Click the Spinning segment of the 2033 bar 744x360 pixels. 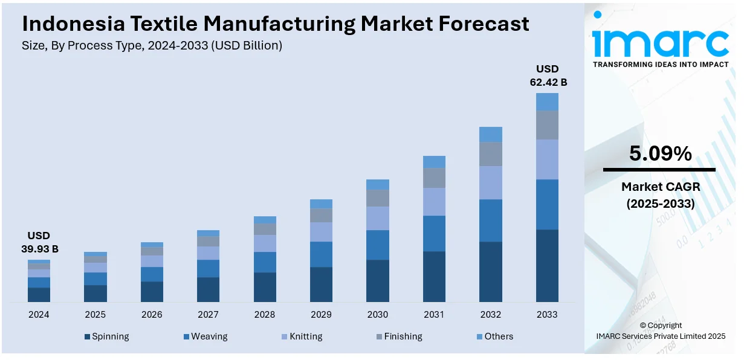point(547,265)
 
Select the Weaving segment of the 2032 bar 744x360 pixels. point(491,220)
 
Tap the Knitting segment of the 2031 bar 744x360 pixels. point(434,201)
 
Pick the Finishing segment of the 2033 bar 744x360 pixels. point(547,124)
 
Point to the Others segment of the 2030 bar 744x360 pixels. point(378,184)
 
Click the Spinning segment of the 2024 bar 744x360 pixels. point(39,294)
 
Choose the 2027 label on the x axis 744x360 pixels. point(209,315)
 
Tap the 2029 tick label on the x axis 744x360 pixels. point(321,315)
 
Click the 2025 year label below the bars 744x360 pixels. point(95,315)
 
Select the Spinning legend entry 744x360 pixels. point(107,336)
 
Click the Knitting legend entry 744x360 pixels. point(302,336)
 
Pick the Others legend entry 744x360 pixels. point(495,336)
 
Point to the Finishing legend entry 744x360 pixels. point(399,336)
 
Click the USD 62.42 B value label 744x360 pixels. point(548,76)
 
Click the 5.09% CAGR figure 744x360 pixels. point(660,154)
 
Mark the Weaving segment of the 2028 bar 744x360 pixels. point(265,262)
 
